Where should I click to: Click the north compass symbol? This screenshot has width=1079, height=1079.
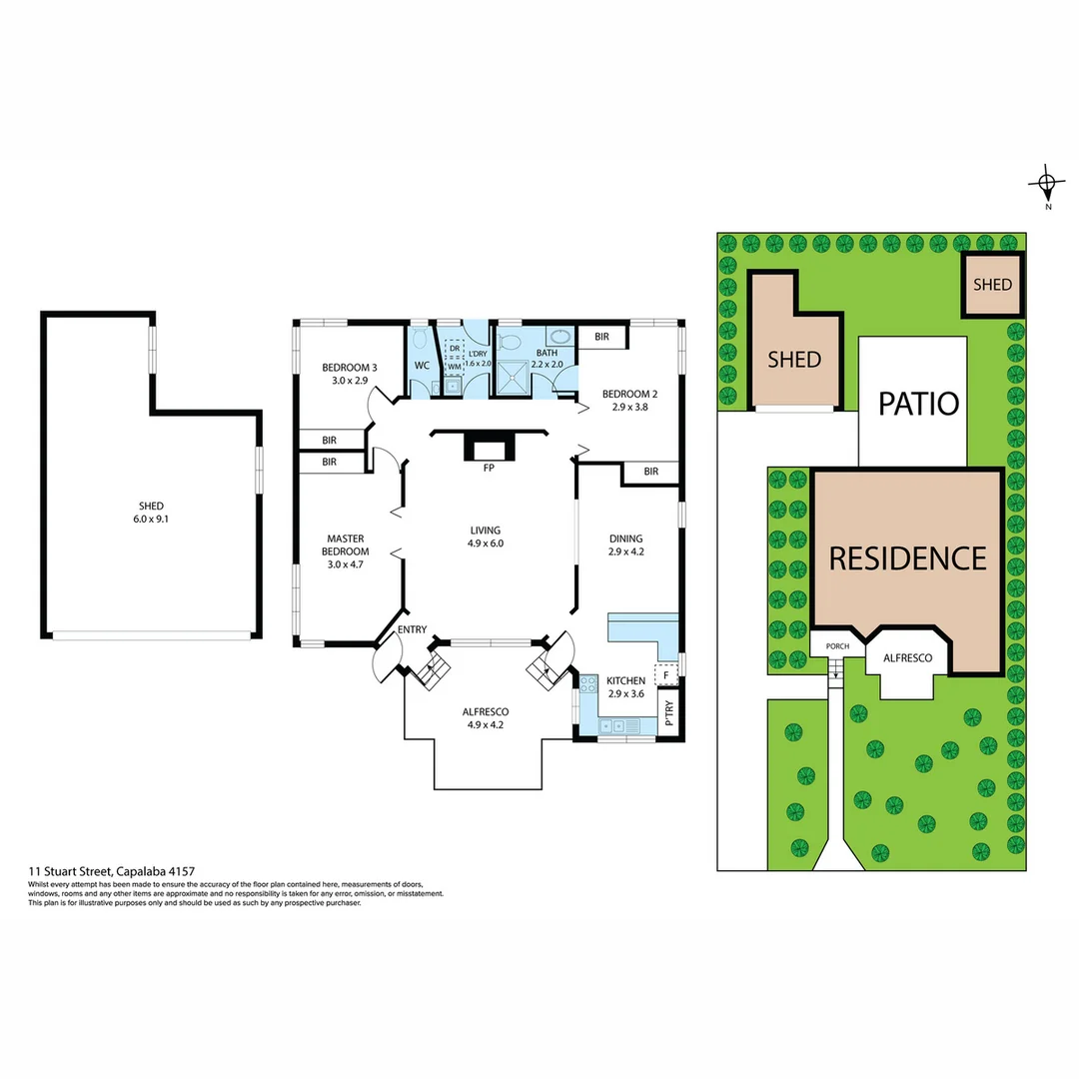[1046, 185]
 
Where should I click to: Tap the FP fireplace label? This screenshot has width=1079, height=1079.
[490, 468]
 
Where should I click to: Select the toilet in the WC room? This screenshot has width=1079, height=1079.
[420, 340]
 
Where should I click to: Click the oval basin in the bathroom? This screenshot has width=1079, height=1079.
[560, 337]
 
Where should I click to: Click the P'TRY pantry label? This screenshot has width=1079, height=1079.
[669, 714]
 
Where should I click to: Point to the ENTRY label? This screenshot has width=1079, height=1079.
[412, 629]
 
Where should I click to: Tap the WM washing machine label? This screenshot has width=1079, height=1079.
[454, 367]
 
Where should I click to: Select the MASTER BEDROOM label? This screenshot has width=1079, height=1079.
[347, 544]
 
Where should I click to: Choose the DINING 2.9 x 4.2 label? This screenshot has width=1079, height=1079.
[626, 544]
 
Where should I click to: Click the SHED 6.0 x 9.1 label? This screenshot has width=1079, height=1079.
[152, 513]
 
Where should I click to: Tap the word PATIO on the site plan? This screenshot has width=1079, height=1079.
[918, 404]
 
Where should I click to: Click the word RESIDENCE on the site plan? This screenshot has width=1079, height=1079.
[907, 557]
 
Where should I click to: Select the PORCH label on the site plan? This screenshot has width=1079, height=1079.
[836, 646]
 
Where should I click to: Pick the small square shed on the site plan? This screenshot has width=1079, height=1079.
[992, 285]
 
